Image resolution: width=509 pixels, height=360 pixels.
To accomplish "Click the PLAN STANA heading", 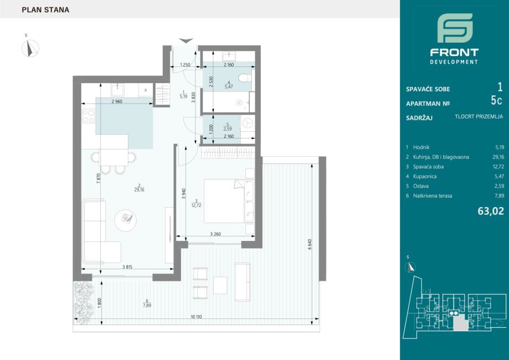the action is point(45,10).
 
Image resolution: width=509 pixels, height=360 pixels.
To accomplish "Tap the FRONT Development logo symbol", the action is point(455,28).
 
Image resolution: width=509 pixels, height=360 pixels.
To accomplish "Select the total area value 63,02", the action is point(491,212).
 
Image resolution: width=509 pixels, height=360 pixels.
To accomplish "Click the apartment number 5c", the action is point(496,101).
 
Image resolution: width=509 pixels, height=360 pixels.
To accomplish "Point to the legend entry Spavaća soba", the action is point(428,167).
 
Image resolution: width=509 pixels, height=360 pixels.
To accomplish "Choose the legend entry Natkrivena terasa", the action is point(433,196).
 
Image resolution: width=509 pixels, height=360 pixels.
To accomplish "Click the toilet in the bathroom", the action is point(244,78).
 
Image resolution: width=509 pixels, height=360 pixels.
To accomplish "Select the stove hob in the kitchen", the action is point(88,116).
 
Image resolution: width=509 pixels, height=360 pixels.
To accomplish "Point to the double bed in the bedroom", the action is point(229,201).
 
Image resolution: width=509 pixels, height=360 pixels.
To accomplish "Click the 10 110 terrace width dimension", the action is point(197,317).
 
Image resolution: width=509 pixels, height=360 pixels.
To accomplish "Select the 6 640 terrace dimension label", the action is point(310,244).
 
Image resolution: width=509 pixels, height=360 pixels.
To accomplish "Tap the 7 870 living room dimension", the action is point(99,179).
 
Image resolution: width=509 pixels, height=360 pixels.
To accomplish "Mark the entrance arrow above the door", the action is point(186,41).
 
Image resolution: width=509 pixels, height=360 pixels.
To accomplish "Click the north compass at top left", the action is point(30,48).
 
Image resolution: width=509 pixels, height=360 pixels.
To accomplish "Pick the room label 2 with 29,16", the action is point(139,188).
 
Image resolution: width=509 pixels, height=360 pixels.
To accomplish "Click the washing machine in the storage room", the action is point(248,124).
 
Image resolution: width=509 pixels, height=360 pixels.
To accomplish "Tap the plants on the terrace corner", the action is point(84,302).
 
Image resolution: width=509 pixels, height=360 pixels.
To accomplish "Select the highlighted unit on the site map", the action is point(460,323).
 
